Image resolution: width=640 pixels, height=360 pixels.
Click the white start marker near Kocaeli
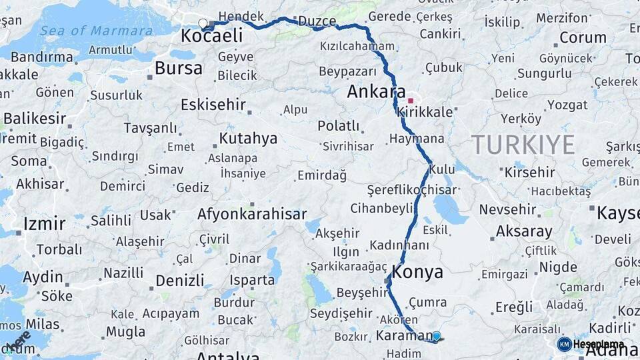[203, 24]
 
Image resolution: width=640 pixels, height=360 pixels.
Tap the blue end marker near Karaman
[437, 337]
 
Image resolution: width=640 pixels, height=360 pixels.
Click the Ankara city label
[377, 91]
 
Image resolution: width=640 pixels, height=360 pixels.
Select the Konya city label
[418, 272]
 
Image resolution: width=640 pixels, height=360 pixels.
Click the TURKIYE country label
[523, 145]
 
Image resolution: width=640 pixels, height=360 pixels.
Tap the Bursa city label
[178, 68]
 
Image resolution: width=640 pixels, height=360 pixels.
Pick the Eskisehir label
[213, 105]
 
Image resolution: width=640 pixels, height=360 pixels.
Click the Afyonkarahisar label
[252, 214]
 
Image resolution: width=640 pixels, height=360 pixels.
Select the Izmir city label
[44, 223]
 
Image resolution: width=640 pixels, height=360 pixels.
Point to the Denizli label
[180, 280]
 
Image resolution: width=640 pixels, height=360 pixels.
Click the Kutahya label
[248, 139]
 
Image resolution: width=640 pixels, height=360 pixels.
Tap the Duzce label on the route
[317, 21]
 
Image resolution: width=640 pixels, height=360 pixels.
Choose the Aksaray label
[524, 232]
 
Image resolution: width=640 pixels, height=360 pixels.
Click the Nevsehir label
[507, 209]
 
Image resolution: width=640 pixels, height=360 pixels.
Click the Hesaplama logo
[590, 344]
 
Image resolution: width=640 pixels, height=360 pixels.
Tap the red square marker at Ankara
[411, 101]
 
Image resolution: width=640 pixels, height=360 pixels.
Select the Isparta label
[252, 280]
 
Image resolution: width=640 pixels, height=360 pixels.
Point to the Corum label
[583, 37]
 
